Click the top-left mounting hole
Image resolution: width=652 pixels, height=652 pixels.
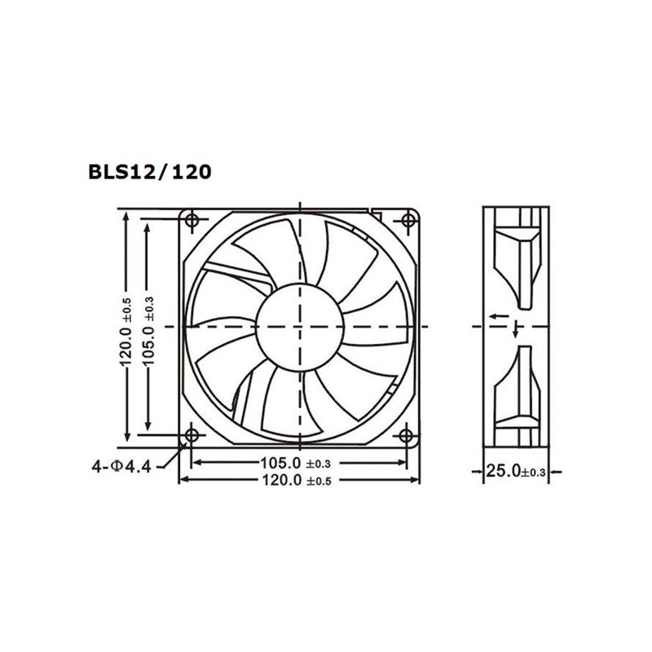click(193, 219)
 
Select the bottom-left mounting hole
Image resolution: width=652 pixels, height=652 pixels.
click(192, 435)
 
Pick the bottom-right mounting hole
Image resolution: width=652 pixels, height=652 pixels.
click(406, 435)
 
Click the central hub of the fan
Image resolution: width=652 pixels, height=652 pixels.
click(299, 326)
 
